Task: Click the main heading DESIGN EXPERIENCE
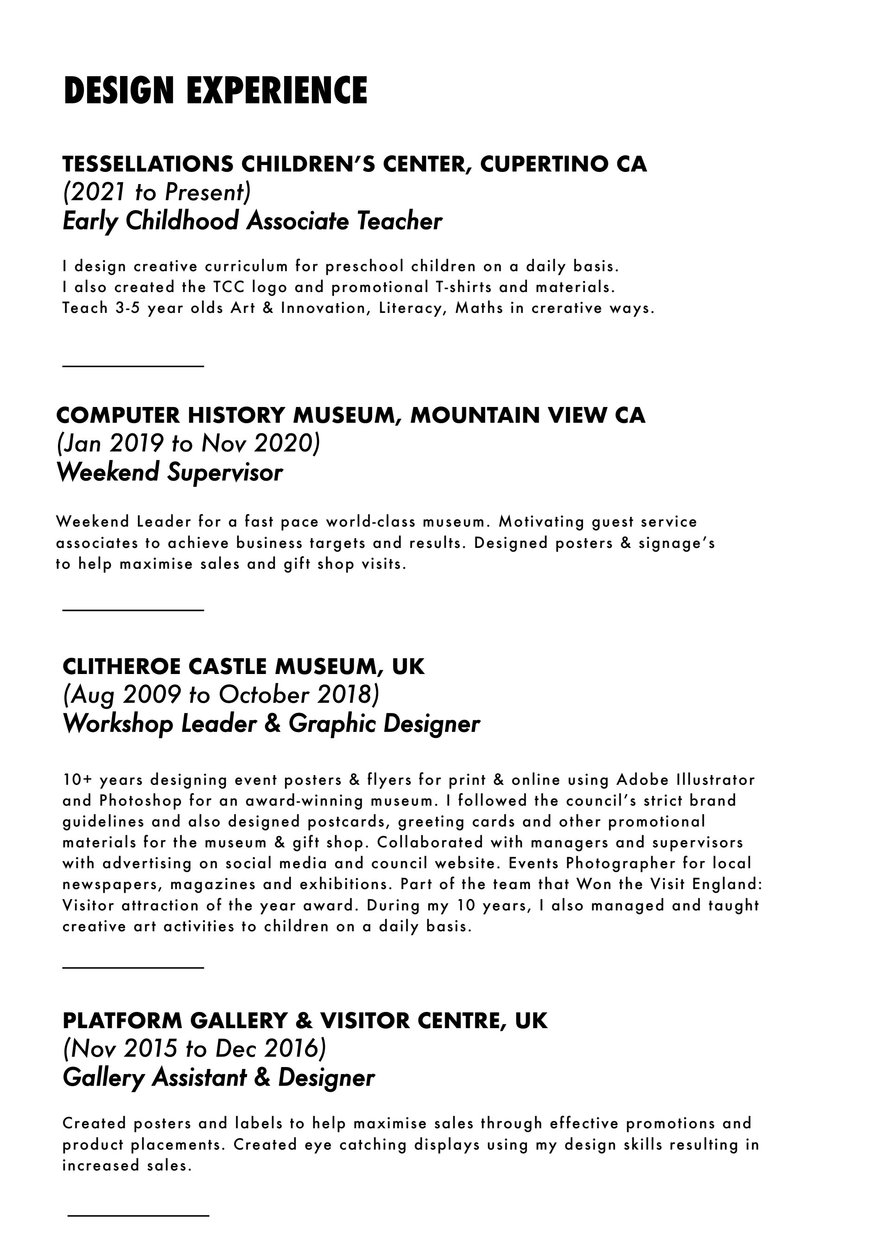click(x=215, y=90)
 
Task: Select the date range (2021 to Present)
click(x=157, y=192)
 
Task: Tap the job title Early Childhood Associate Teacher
click(x=252, y=222)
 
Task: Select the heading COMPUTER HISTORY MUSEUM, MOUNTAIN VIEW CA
click(x=350, y=415)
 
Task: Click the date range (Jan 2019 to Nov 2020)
click(x=188, y=444)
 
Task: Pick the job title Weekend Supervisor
click(x=170, y=472)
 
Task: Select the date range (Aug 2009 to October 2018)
click(x=221, y=695)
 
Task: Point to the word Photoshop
click(x=140, y=801)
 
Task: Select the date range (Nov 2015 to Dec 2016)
click(x=195, y=1049)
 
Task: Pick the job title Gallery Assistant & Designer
click(x=219, y=1077)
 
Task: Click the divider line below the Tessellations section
click(x=133, y=366)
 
